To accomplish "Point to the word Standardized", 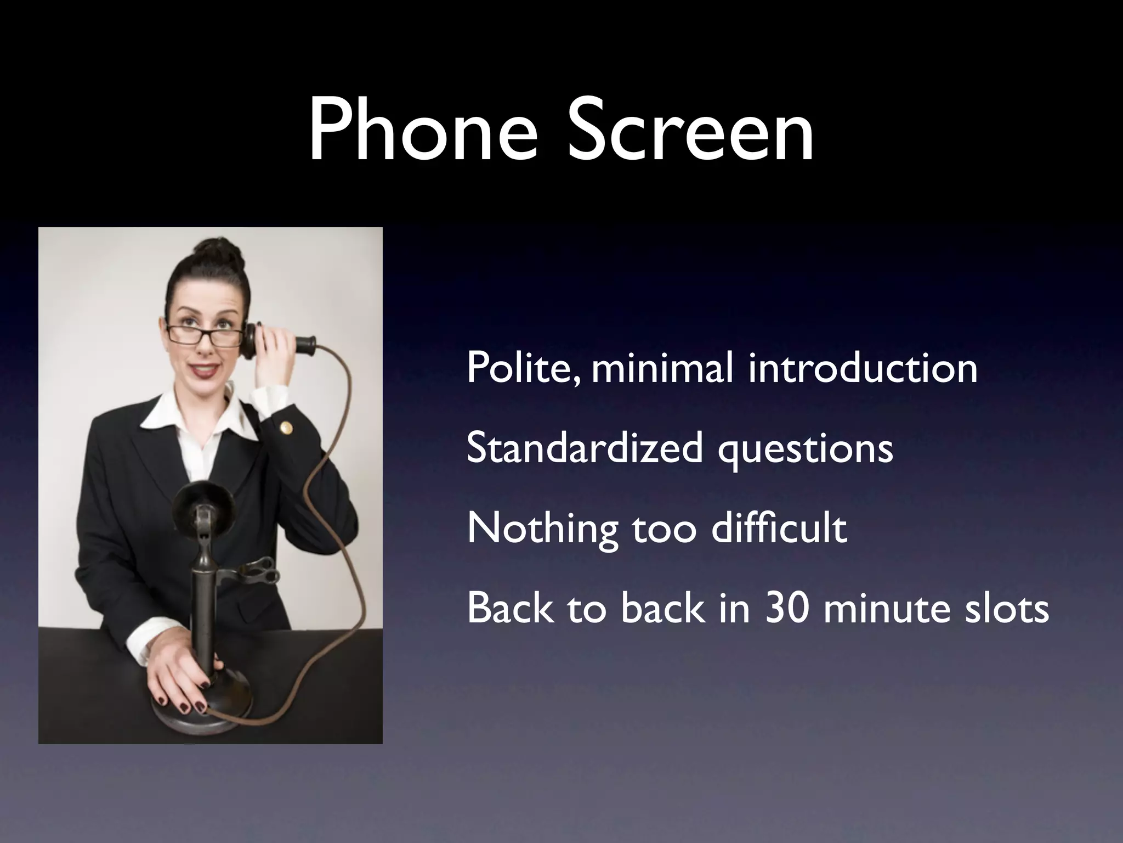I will tap(585, 448).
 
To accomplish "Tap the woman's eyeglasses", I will tap(205, 334).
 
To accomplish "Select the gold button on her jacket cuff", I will tap(285, 426).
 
